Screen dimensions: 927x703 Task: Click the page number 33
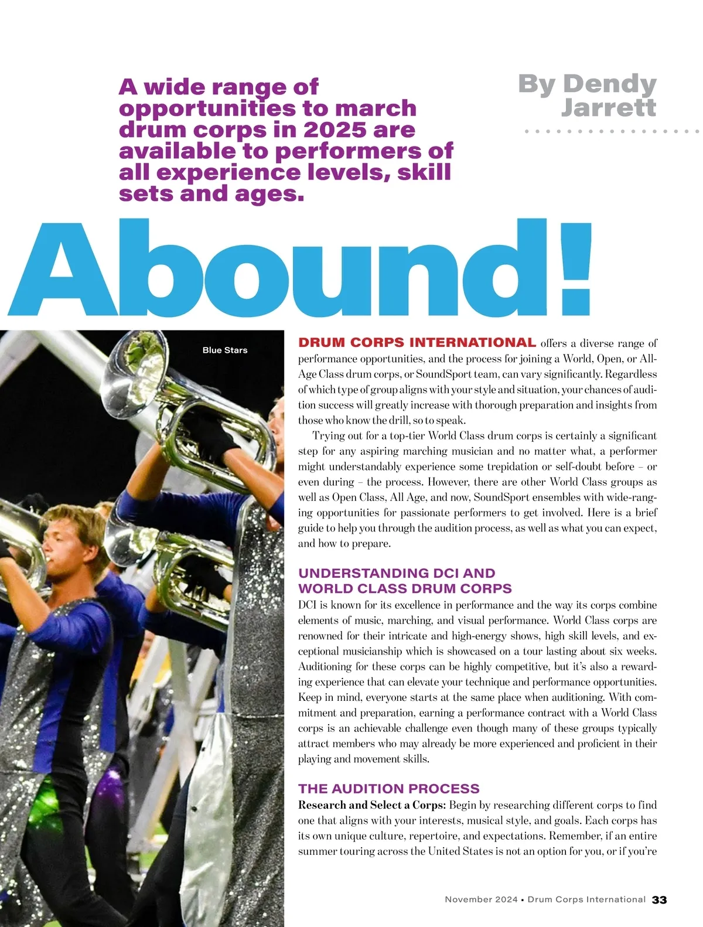coord(659,899)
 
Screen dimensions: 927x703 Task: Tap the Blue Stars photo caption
coord(225,350)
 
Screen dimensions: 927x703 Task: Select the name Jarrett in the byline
coord(609,107)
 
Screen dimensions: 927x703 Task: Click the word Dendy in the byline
coord(609,84)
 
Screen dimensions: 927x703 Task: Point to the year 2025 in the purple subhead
coord(334,129)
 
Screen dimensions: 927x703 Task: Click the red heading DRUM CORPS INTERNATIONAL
coord(417,343)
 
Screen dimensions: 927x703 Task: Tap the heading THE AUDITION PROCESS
coord(388,789)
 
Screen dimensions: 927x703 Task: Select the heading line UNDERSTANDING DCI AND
coord(397,573)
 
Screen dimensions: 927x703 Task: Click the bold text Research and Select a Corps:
coord(372,805)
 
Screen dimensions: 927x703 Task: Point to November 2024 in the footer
coord(481,899)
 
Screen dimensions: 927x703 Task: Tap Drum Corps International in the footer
coord(586,899)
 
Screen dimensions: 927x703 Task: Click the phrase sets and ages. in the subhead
coord(211,193)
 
